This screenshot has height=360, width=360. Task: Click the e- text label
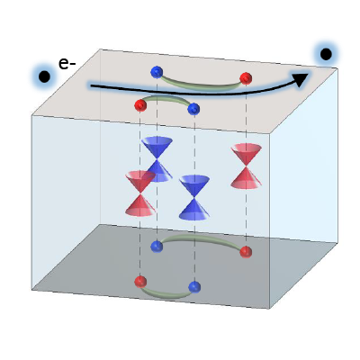click(x=67, y=64)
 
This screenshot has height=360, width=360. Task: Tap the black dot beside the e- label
click(x=44, y=76)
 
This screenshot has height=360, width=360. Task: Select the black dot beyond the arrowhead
click(x=326, y=54)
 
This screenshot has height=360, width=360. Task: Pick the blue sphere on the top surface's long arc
click(x=157, y=72)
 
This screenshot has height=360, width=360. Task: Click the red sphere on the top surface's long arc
click(x=246, y=78)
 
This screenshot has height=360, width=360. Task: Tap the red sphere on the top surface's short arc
click(x=140, y=105)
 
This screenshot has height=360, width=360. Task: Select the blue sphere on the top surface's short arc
click(x=193, y=109)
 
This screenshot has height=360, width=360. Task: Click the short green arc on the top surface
click(x=166, y=97)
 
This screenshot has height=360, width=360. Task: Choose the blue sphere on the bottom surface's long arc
click(x=157, y=247)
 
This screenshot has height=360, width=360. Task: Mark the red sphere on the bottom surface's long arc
click(x=246, y=252)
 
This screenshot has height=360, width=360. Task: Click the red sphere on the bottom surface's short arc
click(x=140, y=282)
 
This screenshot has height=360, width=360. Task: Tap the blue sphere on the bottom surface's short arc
click(x=194, y=287)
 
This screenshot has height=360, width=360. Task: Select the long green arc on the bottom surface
click(x=201, y=237)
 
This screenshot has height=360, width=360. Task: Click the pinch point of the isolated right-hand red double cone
click(x=246, y=166)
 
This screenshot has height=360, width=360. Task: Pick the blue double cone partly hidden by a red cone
click(x=157, y=159)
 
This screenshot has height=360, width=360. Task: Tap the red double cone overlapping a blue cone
click(x=140, y=193)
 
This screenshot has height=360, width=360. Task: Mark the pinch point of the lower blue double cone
click(x=194, y=197)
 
